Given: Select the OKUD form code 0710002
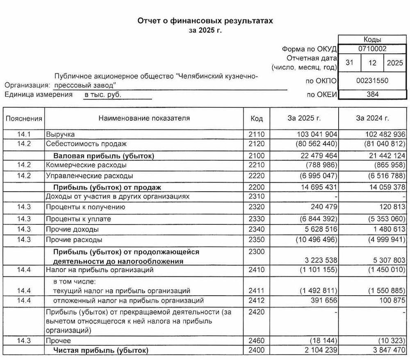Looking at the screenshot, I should [372, 49].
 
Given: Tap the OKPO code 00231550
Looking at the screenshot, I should [372, 81].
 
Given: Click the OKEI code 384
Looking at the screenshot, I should [372, 95].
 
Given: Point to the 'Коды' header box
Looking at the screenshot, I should [372, 39].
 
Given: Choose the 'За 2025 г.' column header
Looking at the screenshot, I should [304, 118].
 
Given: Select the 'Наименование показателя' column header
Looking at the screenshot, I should [144, 118].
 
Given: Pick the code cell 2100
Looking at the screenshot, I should [257, 156].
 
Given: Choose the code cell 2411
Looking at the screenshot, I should [257, 291].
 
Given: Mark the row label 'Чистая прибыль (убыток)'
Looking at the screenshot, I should [100, 350].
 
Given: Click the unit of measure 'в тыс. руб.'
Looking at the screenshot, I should [103, 95].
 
